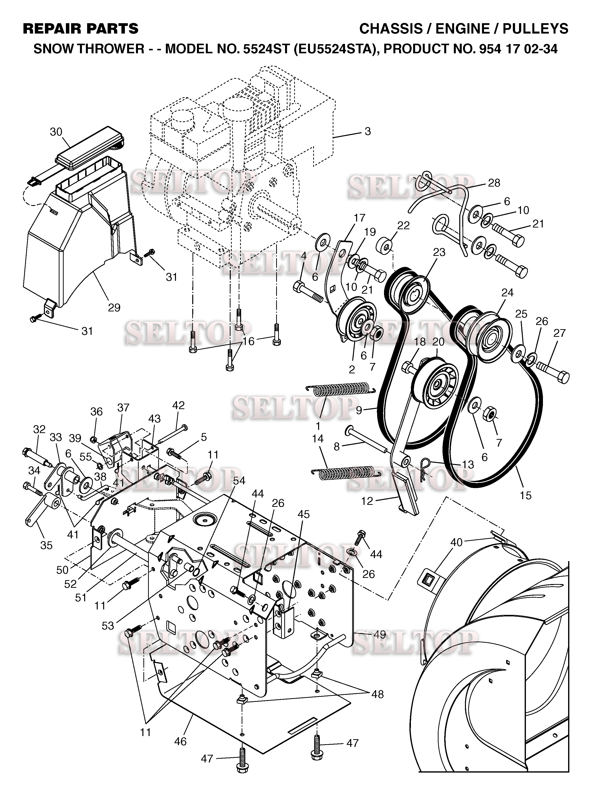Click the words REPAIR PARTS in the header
pos(81,29)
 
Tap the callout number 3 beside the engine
pos(367,131)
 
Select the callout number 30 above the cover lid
pos(56,132)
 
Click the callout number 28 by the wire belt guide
pos(494,183)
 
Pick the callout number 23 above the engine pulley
pos(439,252)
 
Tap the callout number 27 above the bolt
pos(559,333)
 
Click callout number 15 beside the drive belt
pos(525,495)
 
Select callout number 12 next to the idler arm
pos(367,501)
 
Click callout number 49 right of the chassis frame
pos(380,634)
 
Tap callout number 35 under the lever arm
pos(46,545)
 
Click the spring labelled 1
pos(340,389)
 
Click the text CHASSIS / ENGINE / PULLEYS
pos(463,29)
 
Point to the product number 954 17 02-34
pos(518,49)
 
